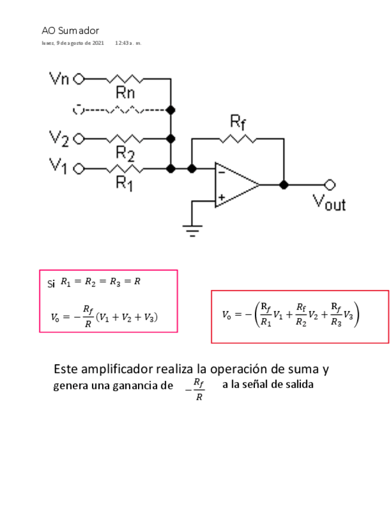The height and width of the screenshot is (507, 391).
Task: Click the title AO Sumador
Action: tap(70, 30)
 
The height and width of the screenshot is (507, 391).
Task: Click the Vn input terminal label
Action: tap(58, 78)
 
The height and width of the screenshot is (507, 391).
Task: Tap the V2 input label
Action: tap(59, 138)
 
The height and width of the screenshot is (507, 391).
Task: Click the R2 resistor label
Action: tap(125, 153)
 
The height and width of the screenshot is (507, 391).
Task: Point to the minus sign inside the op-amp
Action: tap(221, 172)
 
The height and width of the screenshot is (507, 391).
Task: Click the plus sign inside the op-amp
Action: tap(221, 197)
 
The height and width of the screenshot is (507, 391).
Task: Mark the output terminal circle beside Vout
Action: tap(327, 184)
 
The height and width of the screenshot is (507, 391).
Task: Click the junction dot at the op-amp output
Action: tap(284, 184)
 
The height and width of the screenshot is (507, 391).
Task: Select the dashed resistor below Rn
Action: tap(123, 109)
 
